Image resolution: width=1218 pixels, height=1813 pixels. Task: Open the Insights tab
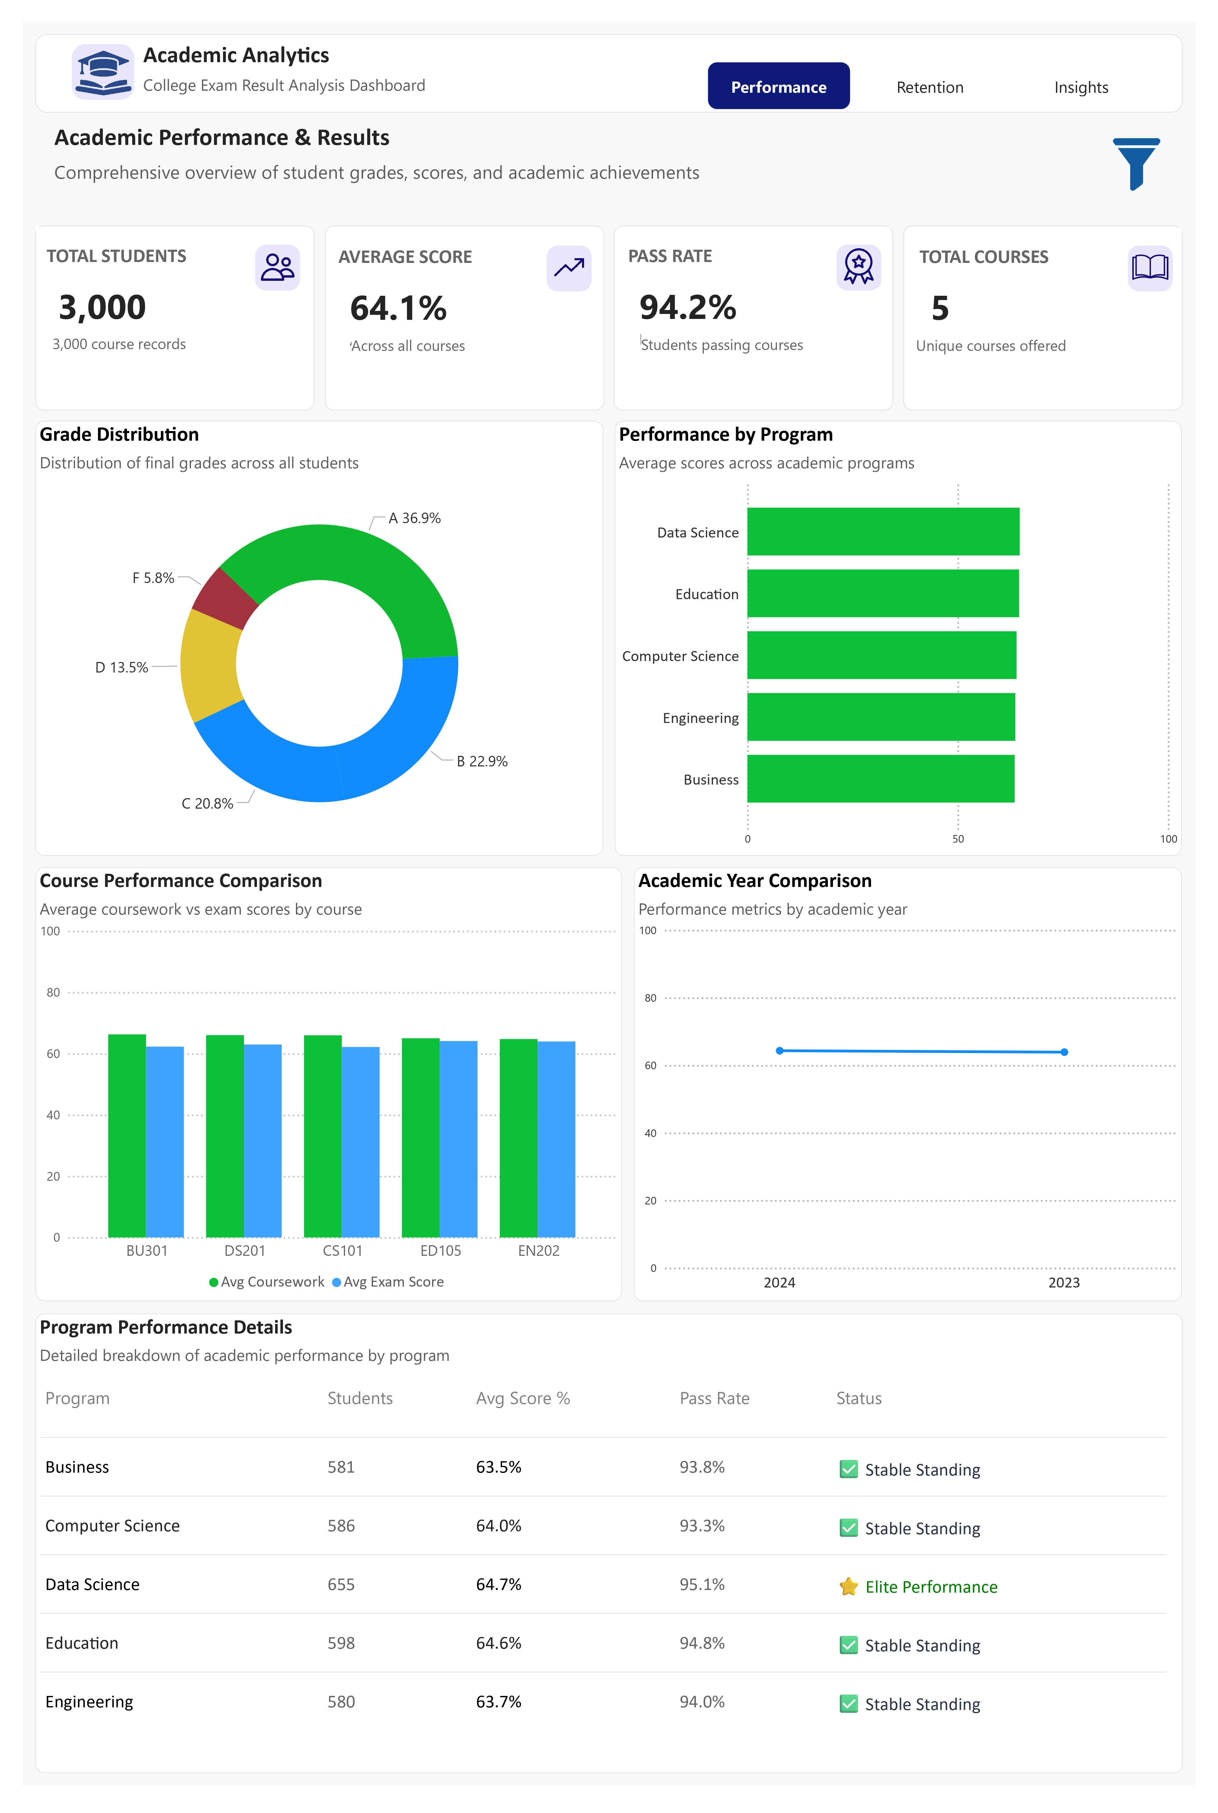pos(1081,87)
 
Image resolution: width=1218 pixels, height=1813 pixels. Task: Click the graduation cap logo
pos(102,71)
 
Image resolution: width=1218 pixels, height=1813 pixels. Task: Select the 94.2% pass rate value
pos(687,307)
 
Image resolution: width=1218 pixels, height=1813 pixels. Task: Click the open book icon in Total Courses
pos(1150,268)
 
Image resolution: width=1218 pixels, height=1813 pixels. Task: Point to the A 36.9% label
pos(414,518)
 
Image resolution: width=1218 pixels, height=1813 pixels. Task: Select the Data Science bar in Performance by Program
pos(883,532)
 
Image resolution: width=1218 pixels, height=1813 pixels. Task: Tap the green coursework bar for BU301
pos(126,1135)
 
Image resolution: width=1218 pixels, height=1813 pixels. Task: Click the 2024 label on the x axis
pos(779,1283)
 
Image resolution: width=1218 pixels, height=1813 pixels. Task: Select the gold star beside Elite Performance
pos(848,1586)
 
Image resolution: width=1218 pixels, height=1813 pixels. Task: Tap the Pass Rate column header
pos(714,1398)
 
